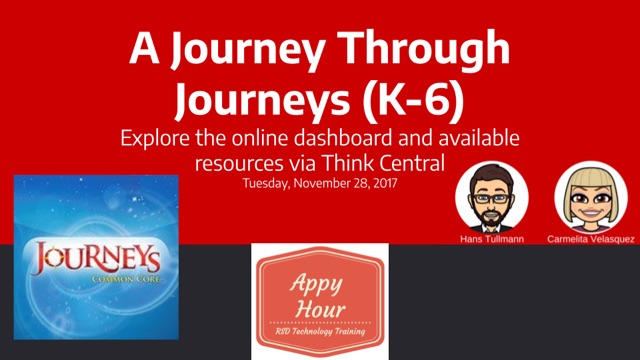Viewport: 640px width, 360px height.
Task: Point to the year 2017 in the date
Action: [x=384, y=183]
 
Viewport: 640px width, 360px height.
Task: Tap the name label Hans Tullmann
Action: [x=492, y=239]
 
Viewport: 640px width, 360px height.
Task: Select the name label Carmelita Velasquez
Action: [x=591, y=239]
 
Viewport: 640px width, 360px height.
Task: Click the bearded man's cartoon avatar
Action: [x=492, y=197]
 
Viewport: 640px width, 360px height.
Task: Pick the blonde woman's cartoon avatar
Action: [x=591, y=197]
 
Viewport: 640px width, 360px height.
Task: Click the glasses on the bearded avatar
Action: [x=491, y=199]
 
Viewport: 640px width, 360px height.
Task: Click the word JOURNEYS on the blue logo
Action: [x=97, y=258]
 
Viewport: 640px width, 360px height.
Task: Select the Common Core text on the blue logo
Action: [x=125, y=280]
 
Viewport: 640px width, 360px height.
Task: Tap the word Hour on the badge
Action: [x=320, y=308]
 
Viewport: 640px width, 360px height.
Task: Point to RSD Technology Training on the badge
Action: [x=320, y=331]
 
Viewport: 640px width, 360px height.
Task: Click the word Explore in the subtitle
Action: [x=155, y=139]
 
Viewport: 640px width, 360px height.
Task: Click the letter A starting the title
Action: [x=144, y=48]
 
